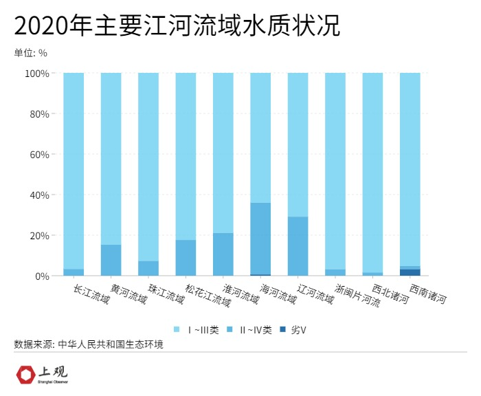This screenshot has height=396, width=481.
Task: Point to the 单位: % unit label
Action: click(x=31, y=53)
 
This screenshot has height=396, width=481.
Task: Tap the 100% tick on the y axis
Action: click(x=37, y=73)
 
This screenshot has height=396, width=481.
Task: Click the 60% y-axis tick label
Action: click(x=39, y=154)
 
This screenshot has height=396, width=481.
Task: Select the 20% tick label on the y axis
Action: click(x=39, y=235)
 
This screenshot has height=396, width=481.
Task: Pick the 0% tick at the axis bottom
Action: click(x=42, y=276)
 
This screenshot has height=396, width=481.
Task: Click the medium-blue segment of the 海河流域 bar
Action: click(x=260, y=239)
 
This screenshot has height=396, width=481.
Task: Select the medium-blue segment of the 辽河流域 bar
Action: click(x=298, y=246)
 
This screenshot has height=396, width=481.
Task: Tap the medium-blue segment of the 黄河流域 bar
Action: click(x=111, y=260)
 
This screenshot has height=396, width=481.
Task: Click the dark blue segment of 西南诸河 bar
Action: click(x=410, y=272)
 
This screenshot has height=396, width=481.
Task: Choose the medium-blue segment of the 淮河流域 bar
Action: click(x=223, y=254)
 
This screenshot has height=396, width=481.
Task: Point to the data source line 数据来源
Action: click(x=89, y=344)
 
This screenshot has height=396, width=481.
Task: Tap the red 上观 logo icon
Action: click(x=26, y=375)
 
